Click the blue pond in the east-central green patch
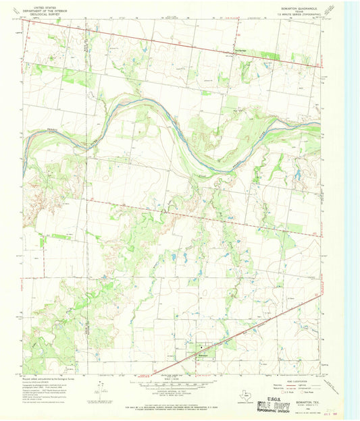(297, 175)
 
